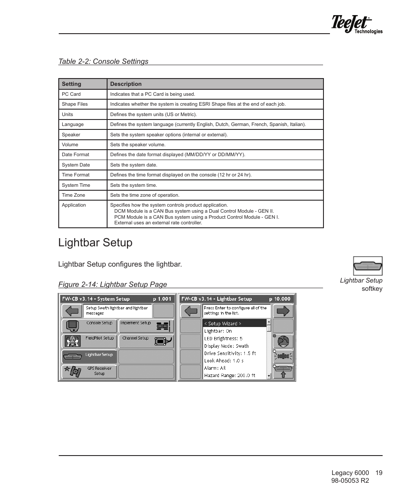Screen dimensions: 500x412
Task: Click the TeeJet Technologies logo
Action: pos(356,24)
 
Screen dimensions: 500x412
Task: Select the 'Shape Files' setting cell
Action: pos(75,104)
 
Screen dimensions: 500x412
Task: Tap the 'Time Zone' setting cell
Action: pos(73,195)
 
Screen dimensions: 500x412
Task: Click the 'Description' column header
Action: pos(126,84)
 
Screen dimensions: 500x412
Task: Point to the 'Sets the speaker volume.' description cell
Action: pos(138,145)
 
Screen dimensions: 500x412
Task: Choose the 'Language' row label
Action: pos(73,124)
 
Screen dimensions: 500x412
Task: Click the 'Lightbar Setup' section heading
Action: pos(95,243)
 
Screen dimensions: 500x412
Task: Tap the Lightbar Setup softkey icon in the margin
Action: pos(368,266)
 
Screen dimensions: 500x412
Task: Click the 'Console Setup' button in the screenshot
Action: pos(89,325)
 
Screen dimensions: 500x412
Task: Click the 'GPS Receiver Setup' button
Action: pos(89,371)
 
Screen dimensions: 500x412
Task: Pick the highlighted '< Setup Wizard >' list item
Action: pos(234,324)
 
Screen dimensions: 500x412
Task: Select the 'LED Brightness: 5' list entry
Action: pos(223,339)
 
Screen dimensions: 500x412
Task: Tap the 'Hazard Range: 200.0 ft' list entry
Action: pos(230,375)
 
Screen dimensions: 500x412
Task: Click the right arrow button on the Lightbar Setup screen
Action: pos(283,311)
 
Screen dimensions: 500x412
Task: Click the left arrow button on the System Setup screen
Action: pos(72,311)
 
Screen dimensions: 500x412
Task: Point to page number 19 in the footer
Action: pos(379,473)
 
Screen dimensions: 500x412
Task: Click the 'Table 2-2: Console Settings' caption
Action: pos(103,61)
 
